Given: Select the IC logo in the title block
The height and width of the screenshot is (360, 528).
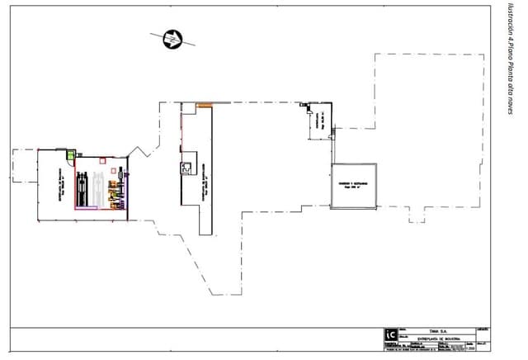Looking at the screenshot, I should click(x=390, y=334).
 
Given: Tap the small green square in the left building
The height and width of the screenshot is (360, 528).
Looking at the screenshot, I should click(x=71, y=154).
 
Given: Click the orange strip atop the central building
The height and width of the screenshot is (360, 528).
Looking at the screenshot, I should click(x=204, y=104).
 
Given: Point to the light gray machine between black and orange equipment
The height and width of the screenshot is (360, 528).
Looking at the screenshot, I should click(x=97, y=188).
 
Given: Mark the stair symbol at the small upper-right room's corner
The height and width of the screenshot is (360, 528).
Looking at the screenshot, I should click(x=307, y=107).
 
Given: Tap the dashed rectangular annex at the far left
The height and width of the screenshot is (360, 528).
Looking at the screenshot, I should click(x=25, y=166).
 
